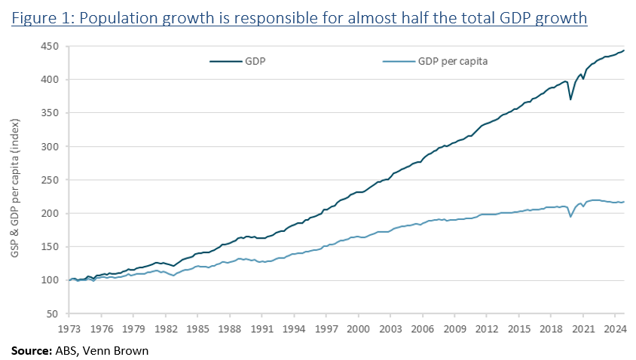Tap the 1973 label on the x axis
click(69, 328)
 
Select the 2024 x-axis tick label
click(614, 328)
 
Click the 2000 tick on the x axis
click(358, 328)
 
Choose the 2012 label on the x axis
click(486, 328)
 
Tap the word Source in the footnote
click(29, 350)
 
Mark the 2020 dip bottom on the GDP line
click(570, 99)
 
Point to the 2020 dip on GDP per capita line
click(570, 217)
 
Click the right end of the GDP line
click(624, 50)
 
